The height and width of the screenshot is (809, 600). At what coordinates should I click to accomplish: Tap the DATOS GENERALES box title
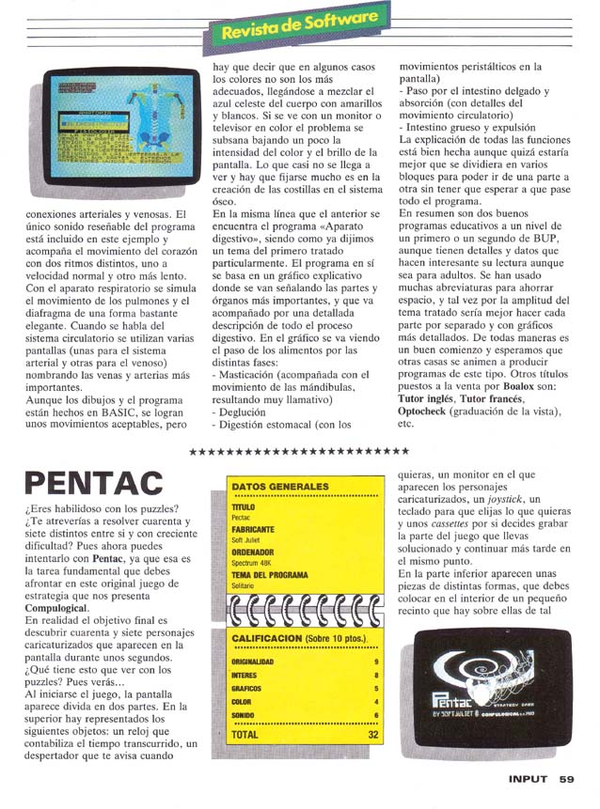280,487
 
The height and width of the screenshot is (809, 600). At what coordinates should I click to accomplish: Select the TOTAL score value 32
373,735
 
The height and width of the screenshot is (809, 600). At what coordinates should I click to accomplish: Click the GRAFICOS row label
245,688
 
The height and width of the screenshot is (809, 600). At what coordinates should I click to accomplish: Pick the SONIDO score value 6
376,715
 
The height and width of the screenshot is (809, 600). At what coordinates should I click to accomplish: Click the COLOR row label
241,701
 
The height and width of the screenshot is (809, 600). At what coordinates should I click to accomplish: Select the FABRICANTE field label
252,530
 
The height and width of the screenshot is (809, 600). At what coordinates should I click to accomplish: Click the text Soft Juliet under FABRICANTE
246,539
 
